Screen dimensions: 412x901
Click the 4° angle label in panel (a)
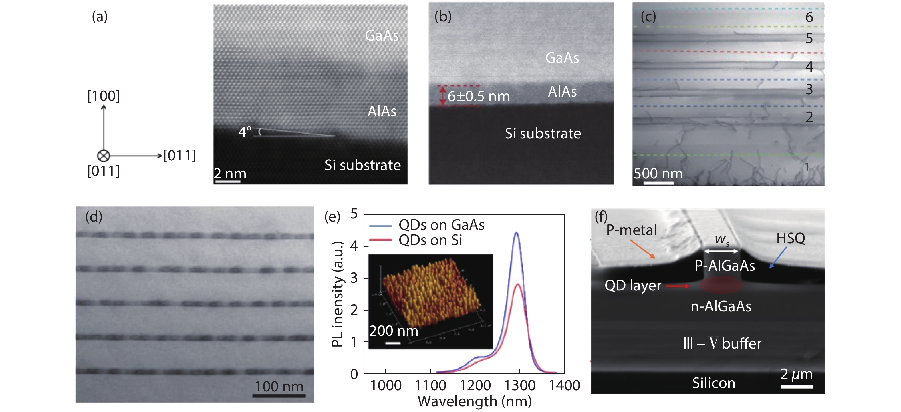[245, 132]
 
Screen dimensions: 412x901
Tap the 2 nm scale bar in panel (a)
[228, 181]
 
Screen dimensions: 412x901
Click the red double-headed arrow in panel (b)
[443, 96]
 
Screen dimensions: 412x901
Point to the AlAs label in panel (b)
[562, 91]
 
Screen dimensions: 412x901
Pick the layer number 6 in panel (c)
[809, 17]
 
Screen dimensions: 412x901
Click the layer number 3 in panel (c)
[809, 89]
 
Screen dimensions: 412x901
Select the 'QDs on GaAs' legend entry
[441, 225]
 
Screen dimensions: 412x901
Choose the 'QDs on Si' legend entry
[430, 240]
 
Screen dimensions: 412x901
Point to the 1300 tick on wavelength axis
[519, 385]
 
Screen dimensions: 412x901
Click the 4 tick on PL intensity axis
[354, 246]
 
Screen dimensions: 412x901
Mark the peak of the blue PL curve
[516, 232]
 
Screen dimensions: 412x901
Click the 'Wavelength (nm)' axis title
[474, 401]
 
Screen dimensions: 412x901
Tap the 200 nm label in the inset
[394, 331]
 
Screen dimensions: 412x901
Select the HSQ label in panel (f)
[791, 238]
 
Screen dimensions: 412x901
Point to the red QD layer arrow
[678, 286]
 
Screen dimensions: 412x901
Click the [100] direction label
[104, 96]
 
